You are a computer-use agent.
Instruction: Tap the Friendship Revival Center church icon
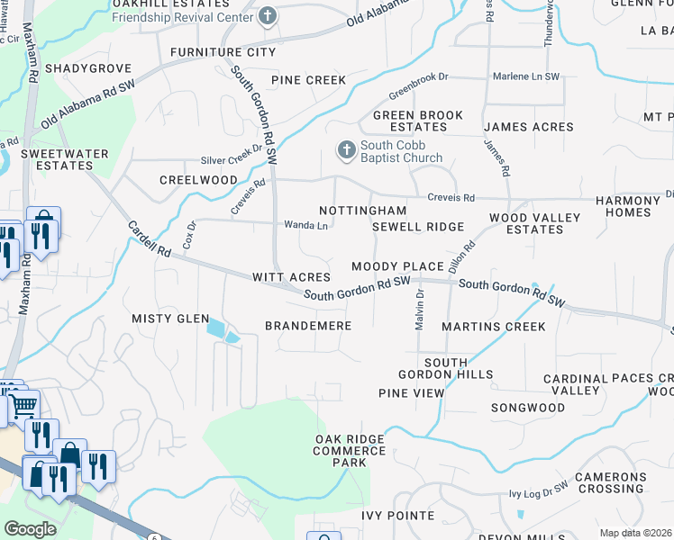[268, 15]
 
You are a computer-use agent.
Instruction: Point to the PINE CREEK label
[311, 80]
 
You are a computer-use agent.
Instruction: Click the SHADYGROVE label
[88, 68]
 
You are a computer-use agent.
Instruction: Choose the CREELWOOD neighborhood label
[198, 180]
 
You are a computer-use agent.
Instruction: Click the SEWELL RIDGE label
[418, 227]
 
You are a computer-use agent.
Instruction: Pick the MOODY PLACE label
[397, 266]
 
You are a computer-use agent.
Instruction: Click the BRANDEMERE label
[307, 325]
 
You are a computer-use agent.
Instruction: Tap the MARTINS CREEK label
[494, 326]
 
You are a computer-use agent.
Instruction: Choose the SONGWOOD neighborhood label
[528, 408]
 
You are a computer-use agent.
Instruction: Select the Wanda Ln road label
[305, 225]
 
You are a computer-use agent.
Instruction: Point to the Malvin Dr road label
[420, 309]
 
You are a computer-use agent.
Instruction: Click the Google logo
[30, 529]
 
